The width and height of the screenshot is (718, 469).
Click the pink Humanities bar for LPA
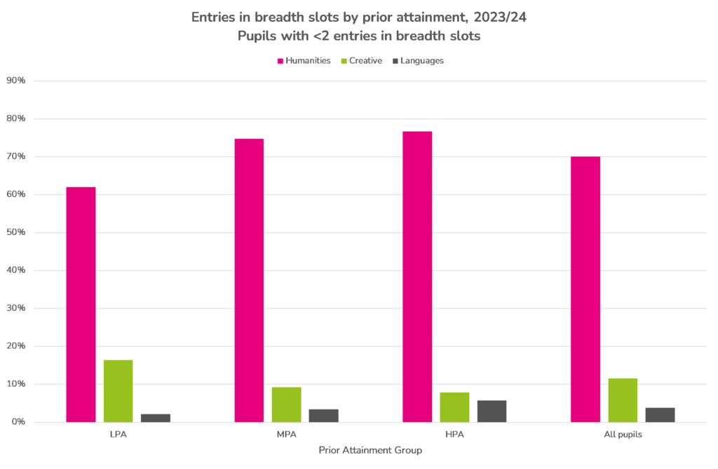point(81,304)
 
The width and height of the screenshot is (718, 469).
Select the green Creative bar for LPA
point(118,390)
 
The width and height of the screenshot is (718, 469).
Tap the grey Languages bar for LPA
point(155,418)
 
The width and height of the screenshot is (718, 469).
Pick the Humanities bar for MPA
point(249,280)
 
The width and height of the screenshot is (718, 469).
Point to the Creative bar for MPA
point(286,405)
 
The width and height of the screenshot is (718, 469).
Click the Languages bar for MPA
point(323,415)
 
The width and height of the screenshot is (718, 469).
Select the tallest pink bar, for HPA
point(417,276)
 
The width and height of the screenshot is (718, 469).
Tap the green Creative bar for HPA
point(454,407)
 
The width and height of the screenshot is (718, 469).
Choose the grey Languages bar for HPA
point(492,411)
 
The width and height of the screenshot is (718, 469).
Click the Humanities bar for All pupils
point(585,289)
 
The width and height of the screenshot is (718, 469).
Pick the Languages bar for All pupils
point(660,414)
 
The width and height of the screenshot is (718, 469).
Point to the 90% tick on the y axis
point(15,81)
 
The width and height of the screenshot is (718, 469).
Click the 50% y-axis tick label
point(15,233)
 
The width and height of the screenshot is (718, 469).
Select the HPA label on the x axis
point(454,435)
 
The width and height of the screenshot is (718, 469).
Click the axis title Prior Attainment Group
point(370,451)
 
